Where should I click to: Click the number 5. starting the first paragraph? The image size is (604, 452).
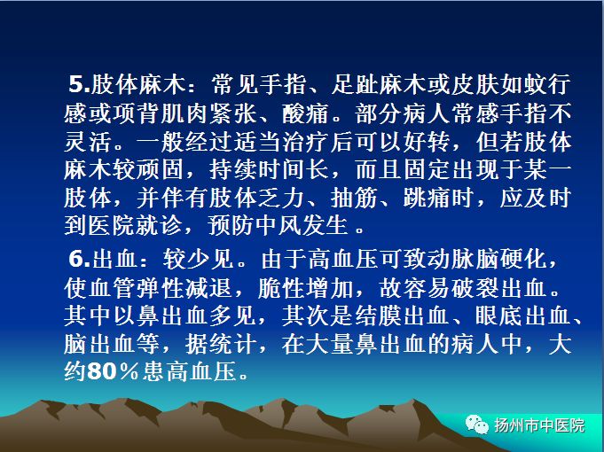tap(79, 84)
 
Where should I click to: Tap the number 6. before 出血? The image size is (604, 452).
tap(80, 258)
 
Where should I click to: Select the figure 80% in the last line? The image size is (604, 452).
tap(113, 371)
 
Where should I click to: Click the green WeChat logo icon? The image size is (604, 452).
tap(477, 425)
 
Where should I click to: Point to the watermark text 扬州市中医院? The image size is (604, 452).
tap(539, 425)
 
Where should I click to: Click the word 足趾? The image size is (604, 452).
tap(355, 84)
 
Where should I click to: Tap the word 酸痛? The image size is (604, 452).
tap(305, 113)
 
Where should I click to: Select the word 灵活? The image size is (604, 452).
tap(88, 142)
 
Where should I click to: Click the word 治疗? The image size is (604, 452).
tap(305, 142)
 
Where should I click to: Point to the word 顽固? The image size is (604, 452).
tap(161, 170)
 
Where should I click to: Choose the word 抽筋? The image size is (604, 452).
tap(354, 198)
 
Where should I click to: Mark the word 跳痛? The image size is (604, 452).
tap(427, 198)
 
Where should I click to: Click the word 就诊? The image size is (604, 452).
tap(161, 225)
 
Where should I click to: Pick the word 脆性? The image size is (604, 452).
tap(281, 288)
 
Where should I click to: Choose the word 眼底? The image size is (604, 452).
tap(498, 316)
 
